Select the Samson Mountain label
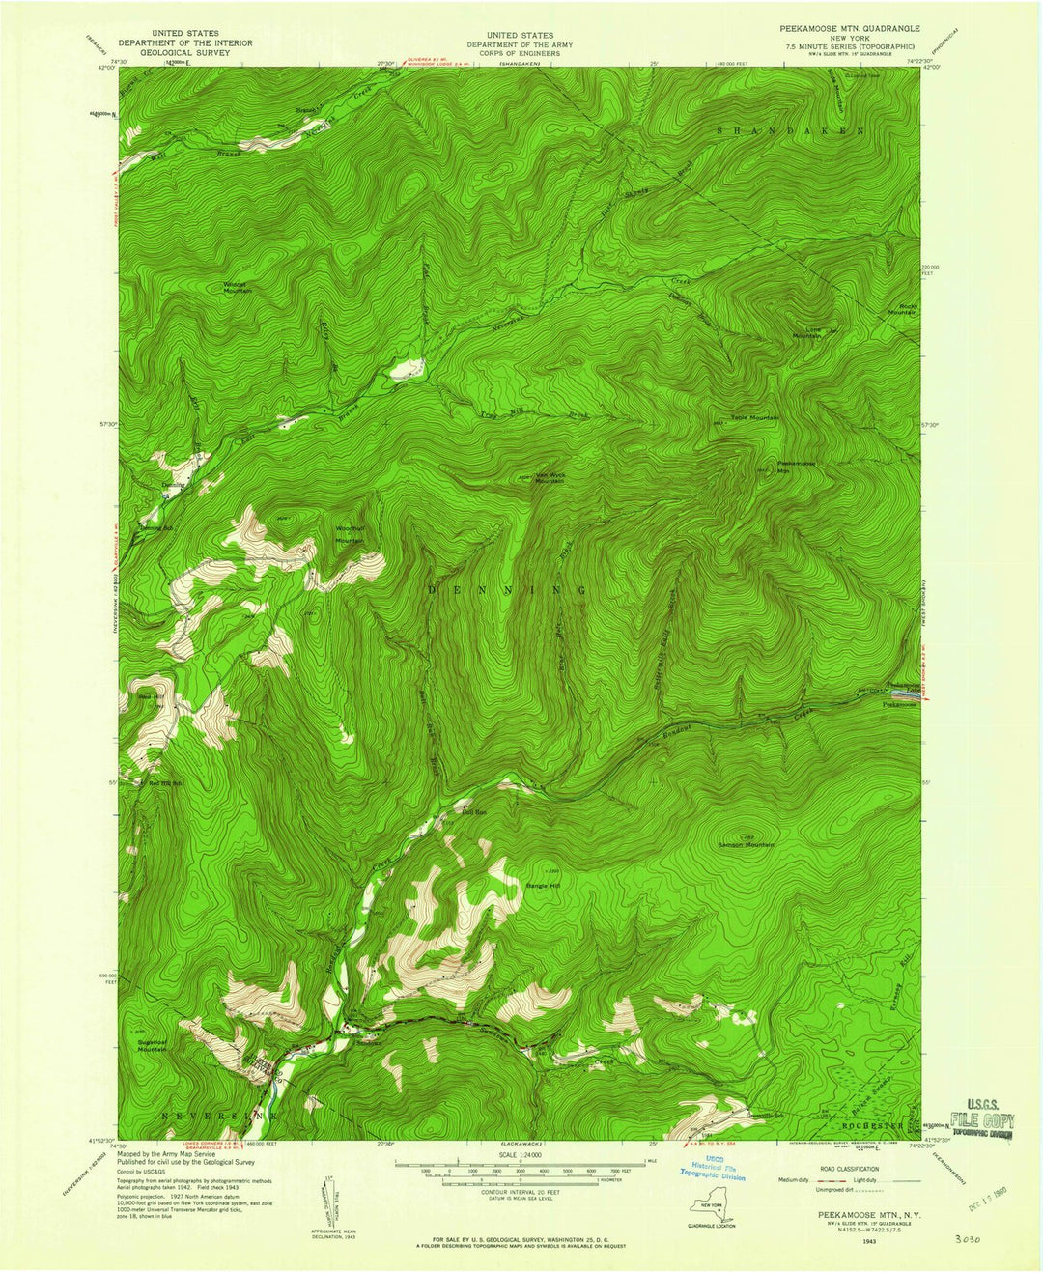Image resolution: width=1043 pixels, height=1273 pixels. click(747, 845)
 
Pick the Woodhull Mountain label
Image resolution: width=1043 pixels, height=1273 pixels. click(349, 534)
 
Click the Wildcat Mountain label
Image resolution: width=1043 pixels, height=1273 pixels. click(236, 287)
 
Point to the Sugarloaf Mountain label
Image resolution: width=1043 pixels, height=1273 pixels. click(152, 1046)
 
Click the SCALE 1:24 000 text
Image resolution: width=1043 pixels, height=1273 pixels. click(520, 1154)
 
